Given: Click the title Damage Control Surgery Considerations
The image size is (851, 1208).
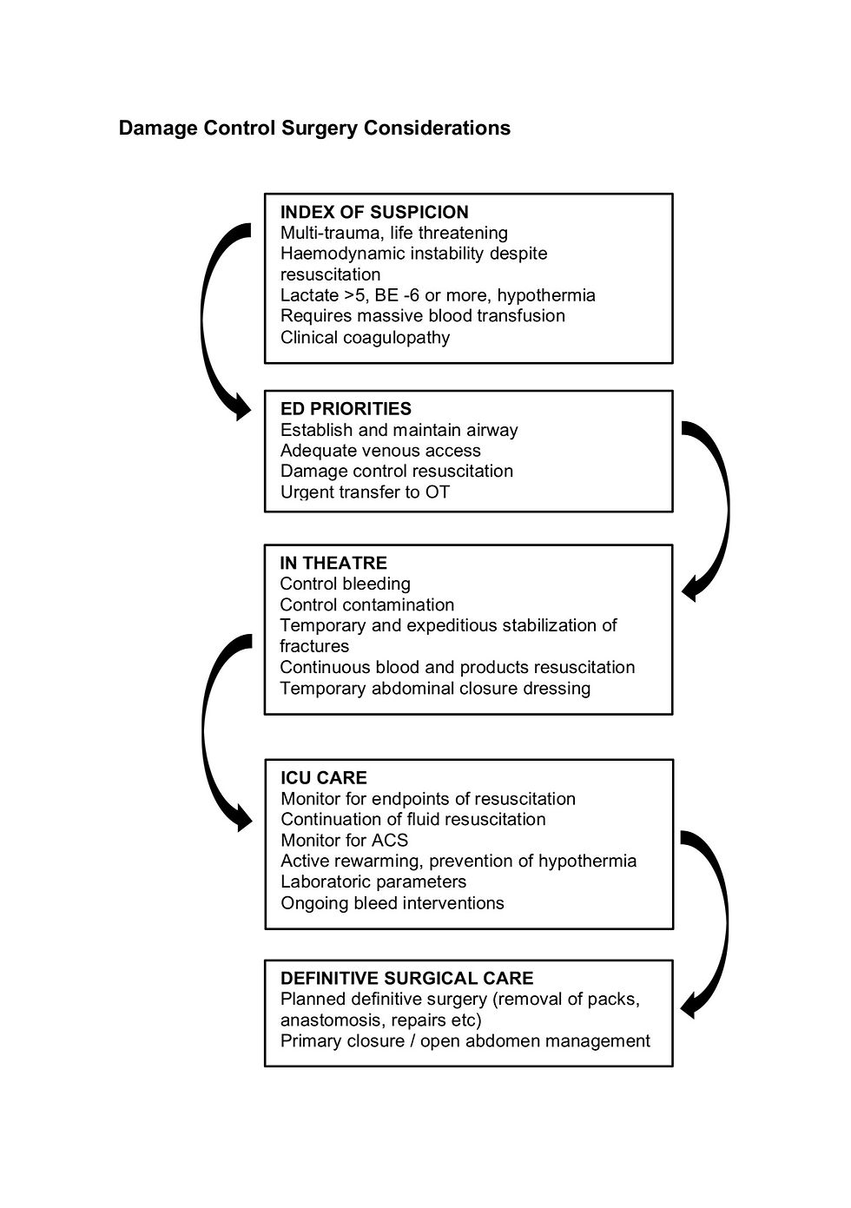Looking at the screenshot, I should (314, 129).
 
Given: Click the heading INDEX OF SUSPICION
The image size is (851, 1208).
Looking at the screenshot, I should (374, 212).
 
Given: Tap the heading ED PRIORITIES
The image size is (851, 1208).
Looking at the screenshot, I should (346, 409).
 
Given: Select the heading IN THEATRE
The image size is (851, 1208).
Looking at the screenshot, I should (333, 563).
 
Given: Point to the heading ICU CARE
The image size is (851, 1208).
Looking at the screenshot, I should (323, 777).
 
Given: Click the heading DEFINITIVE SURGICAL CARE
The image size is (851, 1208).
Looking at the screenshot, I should (406, 978).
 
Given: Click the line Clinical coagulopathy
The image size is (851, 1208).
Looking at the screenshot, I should (365, 337).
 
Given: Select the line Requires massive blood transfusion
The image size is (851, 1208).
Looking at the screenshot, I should (422, 316).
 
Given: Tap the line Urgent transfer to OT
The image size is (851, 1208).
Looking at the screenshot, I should (365, 492).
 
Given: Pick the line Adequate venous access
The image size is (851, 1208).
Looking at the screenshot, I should (380, 451).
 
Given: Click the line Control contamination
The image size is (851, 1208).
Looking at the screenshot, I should (366, 604).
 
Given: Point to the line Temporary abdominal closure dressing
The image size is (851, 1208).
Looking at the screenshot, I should (435, 689).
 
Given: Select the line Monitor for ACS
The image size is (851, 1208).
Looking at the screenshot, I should (344, 840).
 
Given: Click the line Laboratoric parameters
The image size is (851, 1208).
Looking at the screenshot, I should (373, 881).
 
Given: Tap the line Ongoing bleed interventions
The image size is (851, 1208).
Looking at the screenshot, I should (392, 903).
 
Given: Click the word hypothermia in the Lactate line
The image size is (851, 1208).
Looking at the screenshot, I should (546, 295).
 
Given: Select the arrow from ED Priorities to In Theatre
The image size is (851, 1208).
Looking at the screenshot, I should (719, 512).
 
